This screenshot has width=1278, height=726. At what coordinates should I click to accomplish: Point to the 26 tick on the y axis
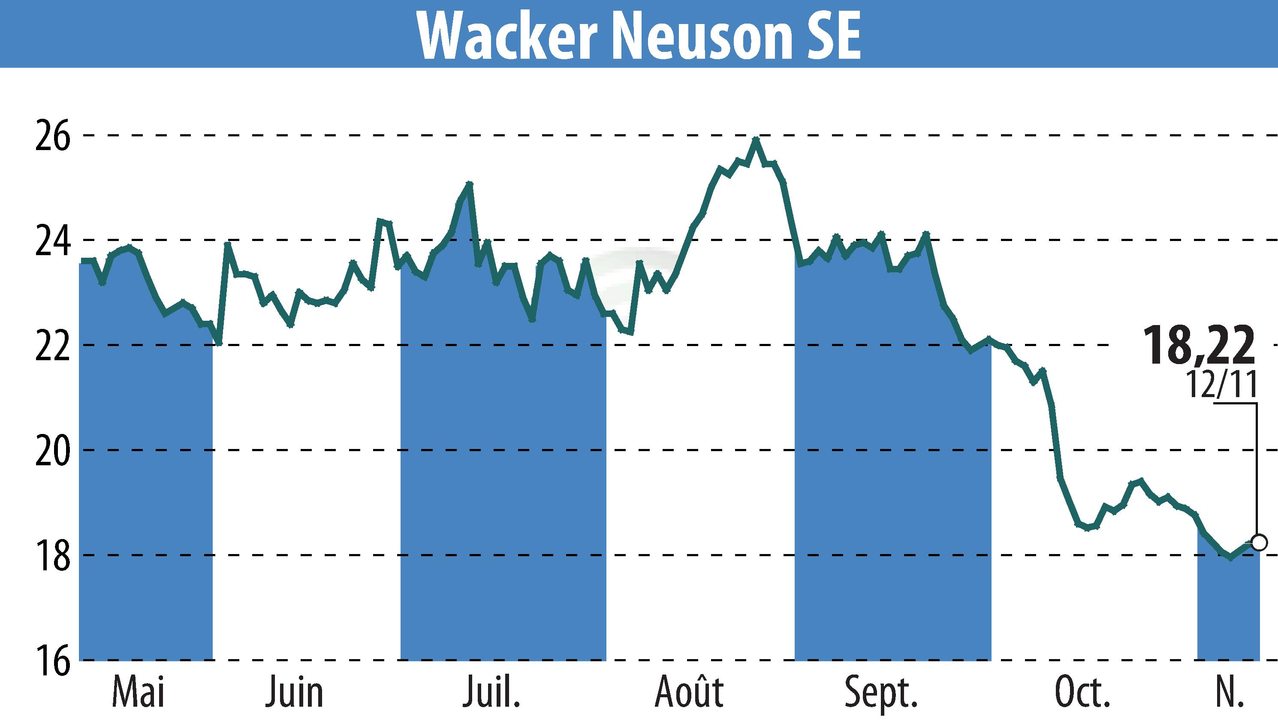tap(51, 135)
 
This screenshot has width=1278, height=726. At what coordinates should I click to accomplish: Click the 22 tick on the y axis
tap(51, 345)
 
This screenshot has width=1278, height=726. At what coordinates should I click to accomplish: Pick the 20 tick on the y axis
tap(51, 450)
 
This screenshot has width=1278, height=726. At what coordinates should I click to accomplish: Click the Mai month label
tap(138, 693)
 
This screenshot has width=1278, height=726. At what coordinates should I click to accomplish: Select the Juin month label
tap(294, 693)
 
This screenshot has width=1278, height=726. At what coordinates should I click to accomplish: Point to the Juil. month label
tap(491, 693)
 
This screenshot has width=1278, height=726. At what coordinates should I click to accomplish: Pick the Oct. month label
tap(1082, 693)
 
